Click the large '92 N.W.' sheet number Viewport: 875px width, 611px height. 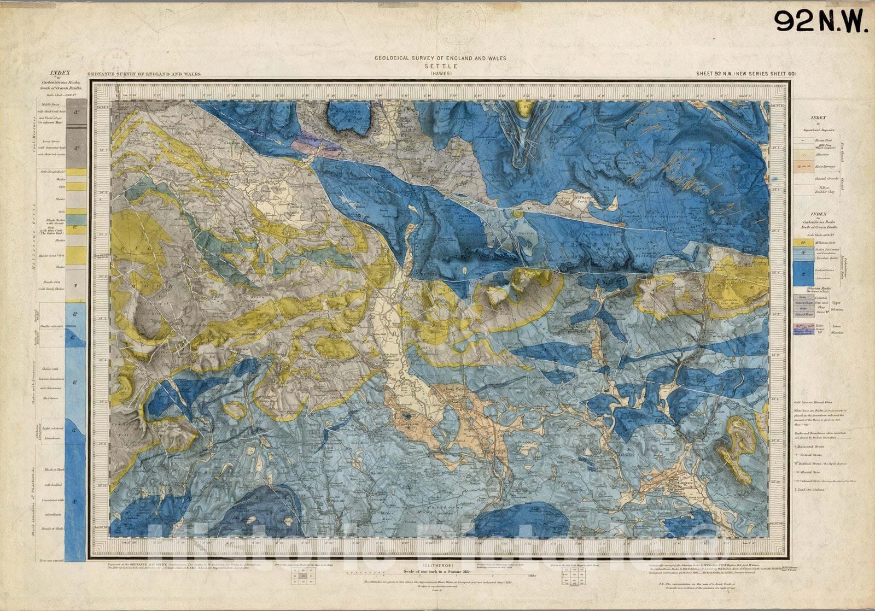(820, 21)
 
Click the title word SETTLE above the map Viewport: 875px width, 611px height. (440, 66)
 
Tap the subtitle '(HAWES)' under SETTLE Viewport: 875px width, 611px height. (440, 73)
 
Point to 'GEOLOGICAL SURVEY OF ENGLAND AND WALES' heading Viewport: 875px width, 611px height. (440, 57)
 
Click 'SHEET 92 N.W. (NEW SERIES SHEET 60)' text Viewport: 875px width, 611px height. (745, 73)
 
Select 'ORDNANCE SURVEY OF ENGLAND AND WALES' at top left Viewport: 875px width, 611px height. (143, 74)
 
